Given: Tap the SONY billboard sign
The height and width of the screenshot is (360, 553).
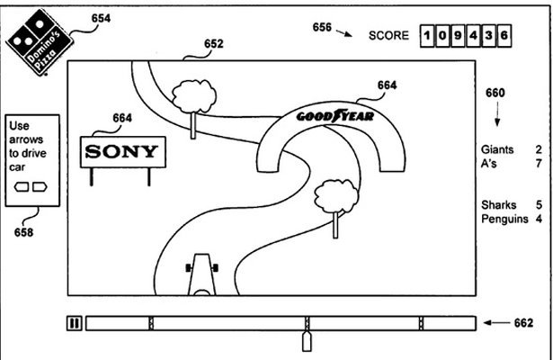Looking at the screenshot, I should tap(124, 151).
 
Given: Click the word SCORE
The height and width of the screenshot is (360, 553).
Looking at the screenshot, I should tap(389, 36).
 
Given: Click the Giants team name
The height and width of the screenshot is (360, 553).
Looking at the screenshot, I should tap(496, 149).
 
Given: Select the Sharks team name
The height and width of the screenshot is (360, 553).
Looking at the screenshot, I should tap(497, 205).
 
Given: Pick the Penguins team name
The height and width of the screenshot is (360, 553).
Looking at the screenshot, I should tap(504, 219).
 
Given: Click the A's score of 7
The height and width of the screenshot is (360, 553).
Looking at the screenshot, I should tap(538, 163).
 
